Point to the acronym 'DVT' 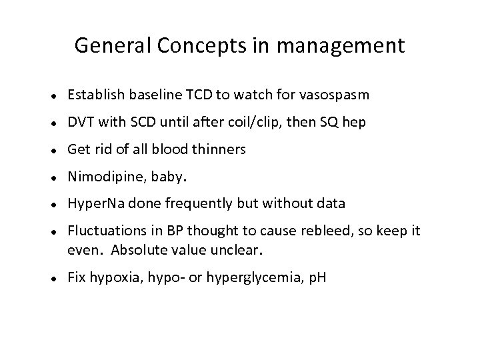(79, 123)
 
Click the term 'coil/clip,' (245, 123)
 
